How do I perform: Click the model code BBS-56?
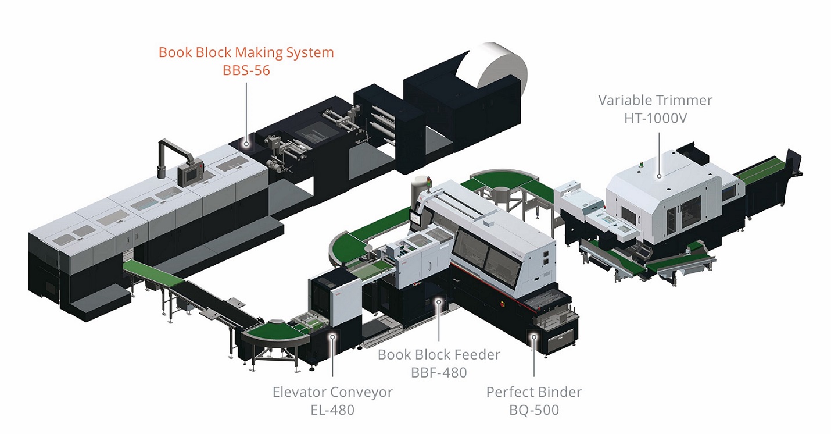[x=246, y=70]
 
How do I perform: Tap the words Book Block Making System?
[x=246, y=52]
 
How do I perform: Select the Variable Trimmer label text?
[x=655, y=100]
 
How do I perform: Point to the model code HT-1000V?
[x=655, y=118]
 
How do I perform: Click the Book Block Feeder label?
[x=439, y=354]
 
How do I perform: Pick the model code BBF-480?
[x=439, y=373]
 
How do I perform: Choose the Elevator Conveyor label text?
[x=332, y=392]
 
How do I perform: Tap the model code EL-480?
[x=332, y=410]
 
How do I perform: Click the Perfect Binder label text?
[x=534, y=392]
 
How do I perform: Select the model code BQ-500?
[x=534, y=410]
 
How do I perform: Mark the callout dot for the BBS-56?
[x=246, y=144]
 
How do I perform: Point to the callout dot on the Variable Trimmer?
[x=659, y=176]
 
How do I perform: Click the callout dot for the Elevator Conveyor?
[x=333, y=337]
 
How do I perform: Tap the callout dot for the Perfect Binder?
[x=534, y=337]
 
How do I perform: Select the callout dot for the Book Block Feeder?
[x=439, y=302]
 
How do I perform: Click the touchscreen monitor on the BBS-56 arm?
[x=190, y=174]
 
